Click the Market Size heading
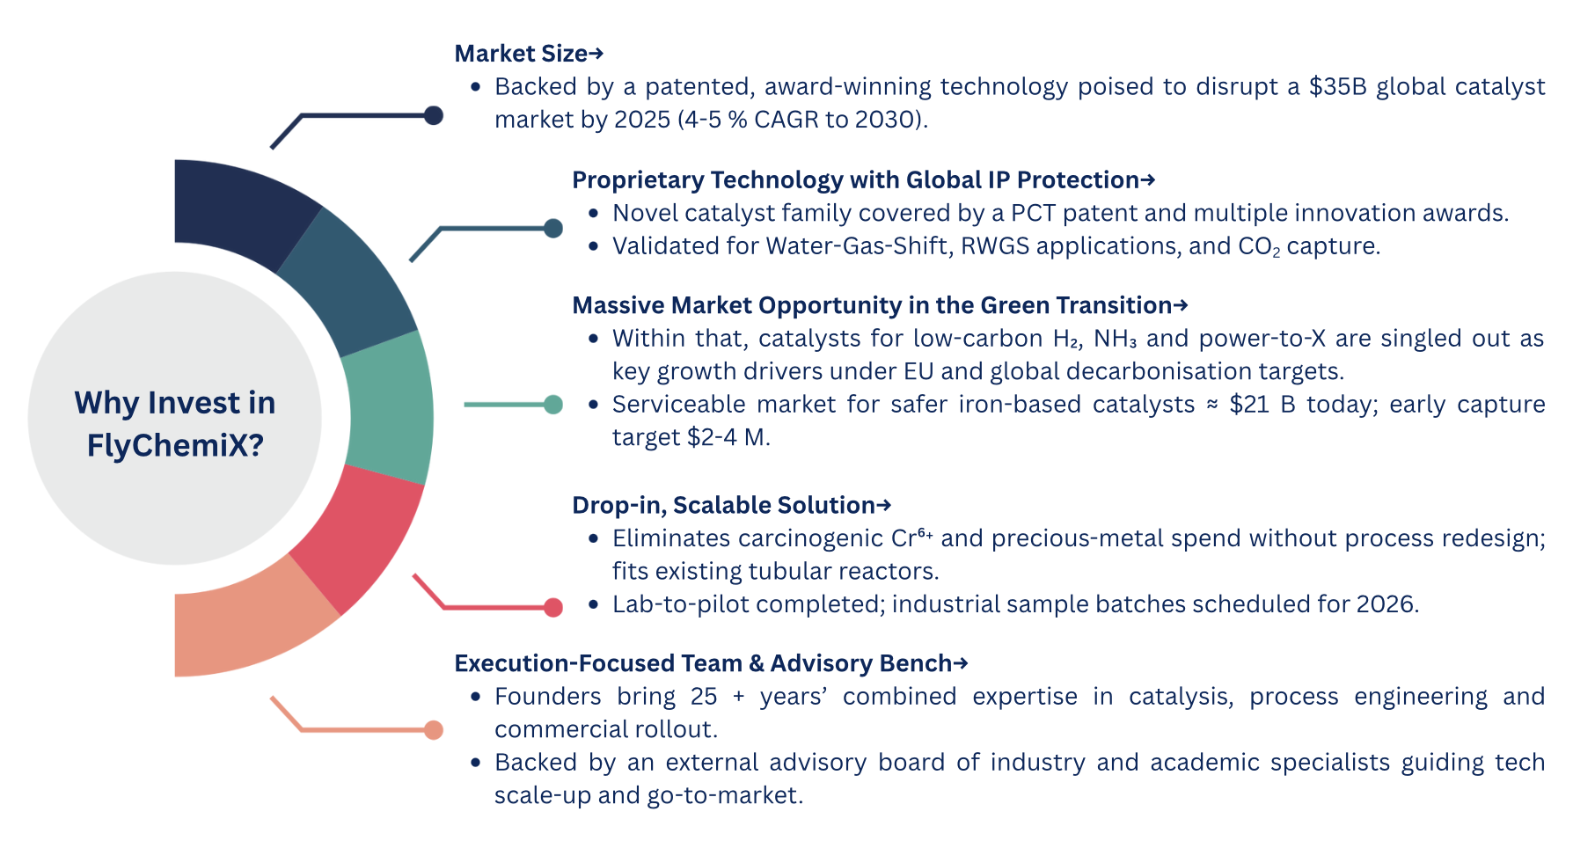[529, 54]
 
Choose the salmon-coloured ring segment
[246, 620]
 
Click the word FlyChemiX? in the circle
[175, 445]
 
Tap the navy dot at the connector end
[434, 115]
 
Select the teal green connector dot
[553, 405]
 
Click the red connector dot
[553, 607]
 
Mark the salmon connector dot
[434, 729]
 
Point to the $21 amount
[1249, 404]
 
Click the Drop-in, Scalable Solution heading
[732, 505]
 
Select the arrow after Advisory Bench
[961, 663]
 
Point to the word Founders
[548, 697]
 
